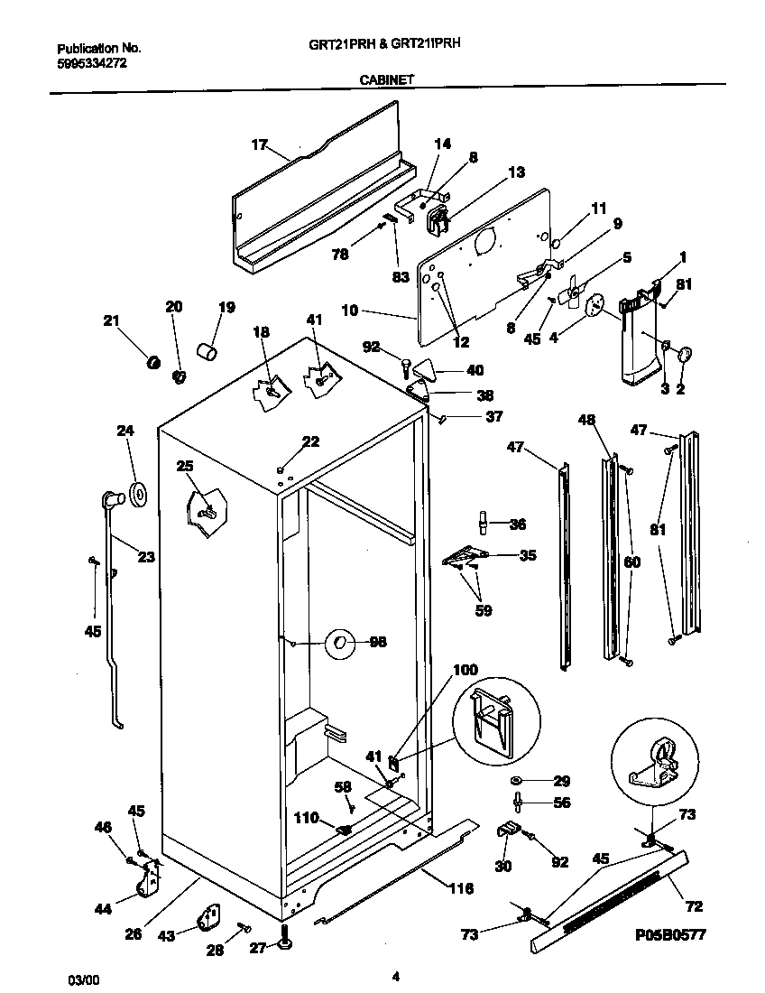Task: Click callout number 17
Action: pos(259,144)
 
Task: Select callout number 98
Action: pos(378,642)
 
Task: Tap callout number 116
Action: pos(461,888)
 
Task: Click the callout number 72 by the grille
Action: pos(694,905)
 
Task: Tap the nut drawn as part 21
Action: pos(153,363)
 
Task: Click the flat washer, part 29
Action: pos(516,779)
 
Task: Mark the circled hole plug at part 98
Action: pos(341,642)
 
